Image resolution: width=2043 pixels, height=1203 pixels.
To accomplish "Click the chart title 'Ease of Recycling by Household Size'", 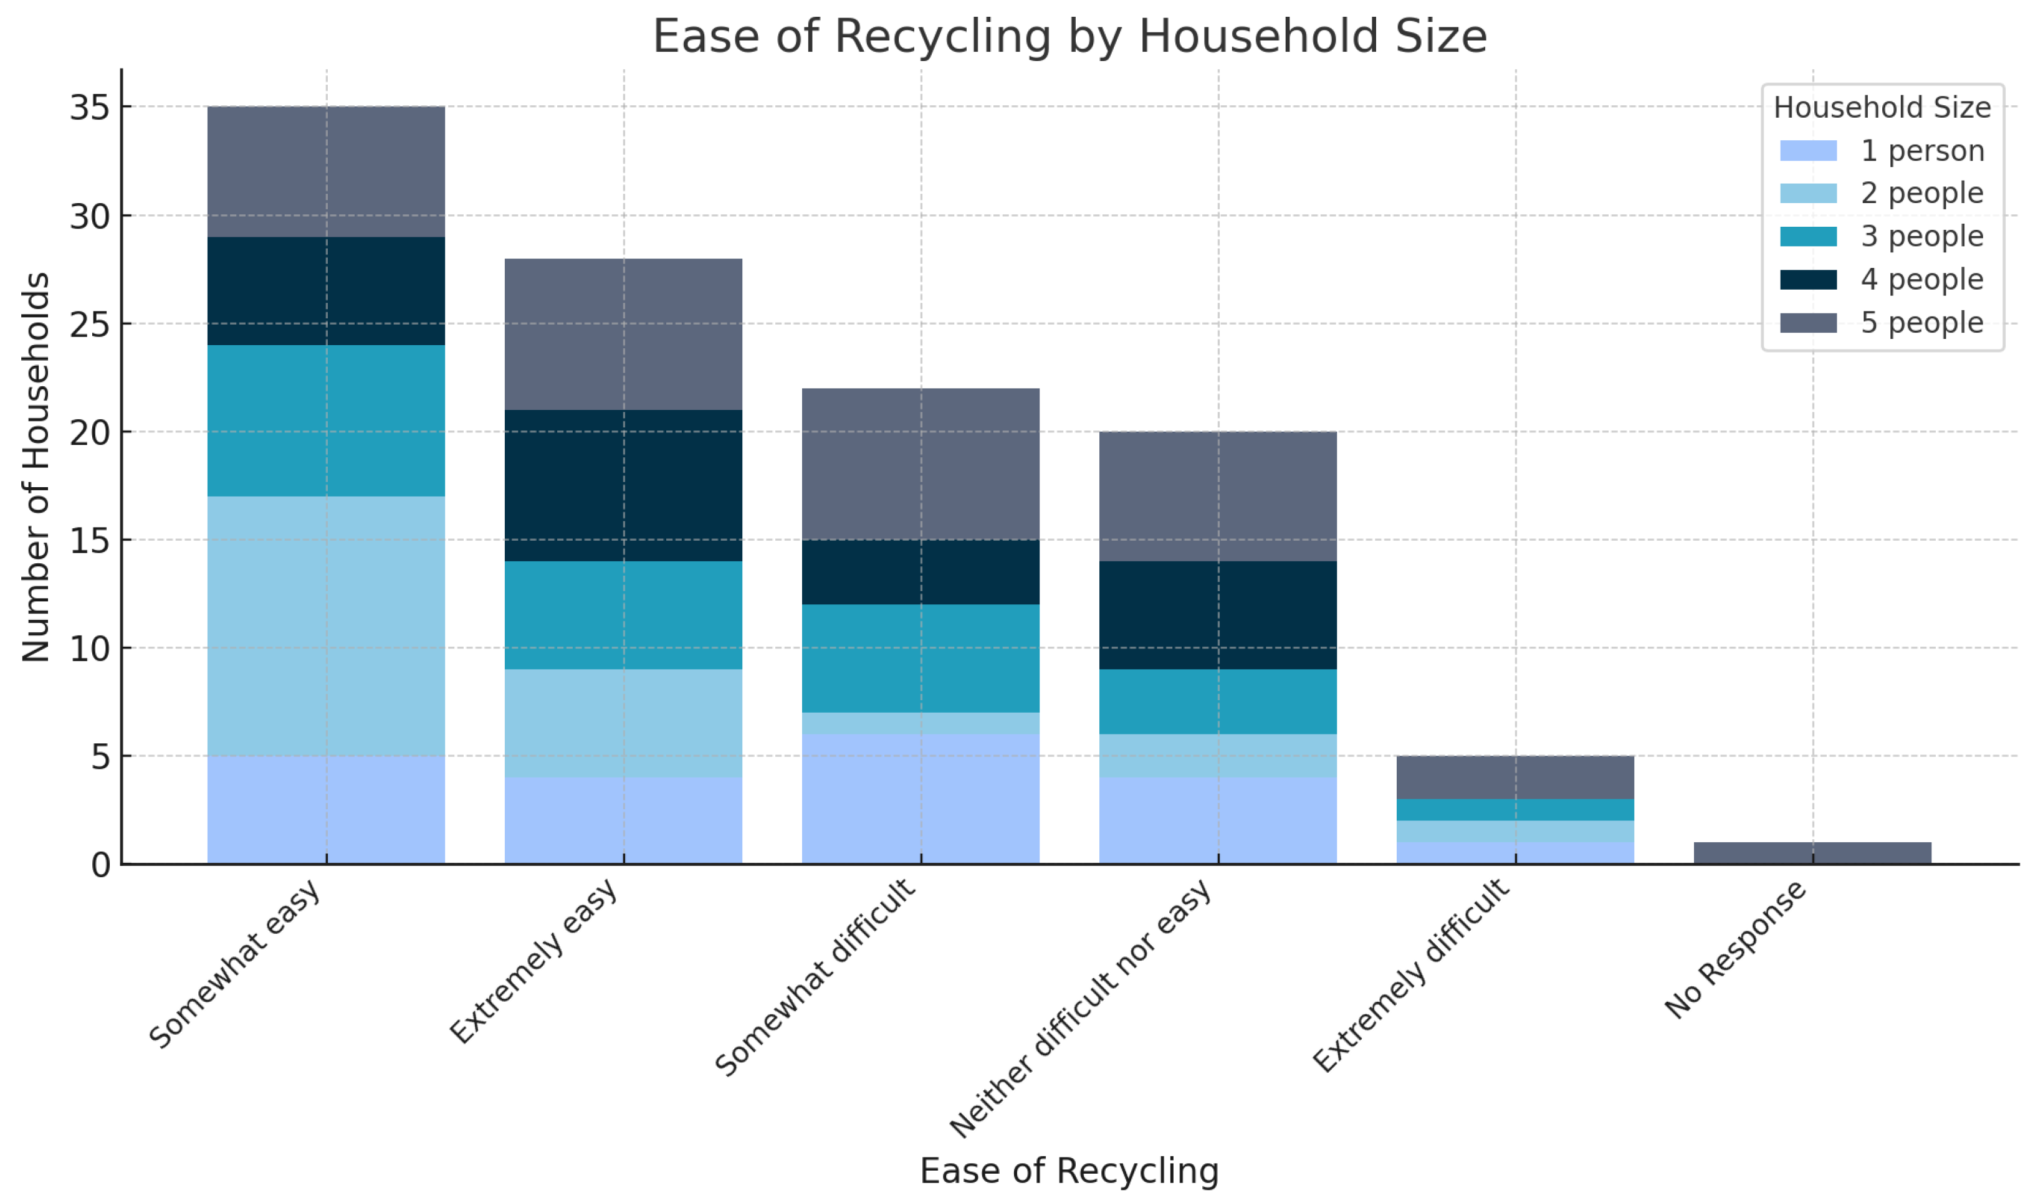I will (x=1069, y=37).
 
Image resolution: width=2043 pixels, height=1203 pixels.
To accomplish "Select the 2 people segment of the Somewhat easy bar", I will (x=326, y=626).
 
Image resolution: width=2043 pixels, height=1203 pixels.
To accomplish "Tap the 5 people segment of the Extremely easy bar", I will (x=623, y=334).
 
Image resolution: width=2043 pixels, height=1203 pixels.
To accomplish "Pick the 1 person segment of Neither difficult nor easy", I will (x=1218, y=820).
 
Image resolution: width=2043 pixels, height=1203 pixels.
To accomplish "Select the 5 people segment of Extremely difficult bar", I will (x=1514, y=777).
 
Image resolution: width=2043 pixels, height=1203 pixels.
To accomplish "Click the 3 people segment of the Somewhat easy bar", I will (x=326, y=421).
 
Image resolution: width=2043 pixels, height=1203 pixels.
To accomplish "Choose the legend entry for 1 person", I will (x=1881, y=151).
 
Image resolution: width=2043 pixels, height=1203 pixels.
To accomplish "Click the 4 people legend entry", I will (x=1881, y=280).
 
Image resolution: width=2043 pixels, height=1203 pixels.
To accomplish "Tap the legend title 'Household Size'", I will (x=1882, y=108).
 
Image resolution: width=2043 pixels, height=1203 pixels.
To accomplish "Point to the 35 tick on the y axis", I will (x=89, y=107).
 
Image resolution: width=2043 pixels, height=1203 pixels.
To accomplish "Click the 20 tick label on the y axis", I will (x=89, y=433).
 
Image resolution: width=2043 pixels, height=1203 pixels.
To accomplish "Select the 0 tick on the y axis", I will (x=100, y=865).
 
